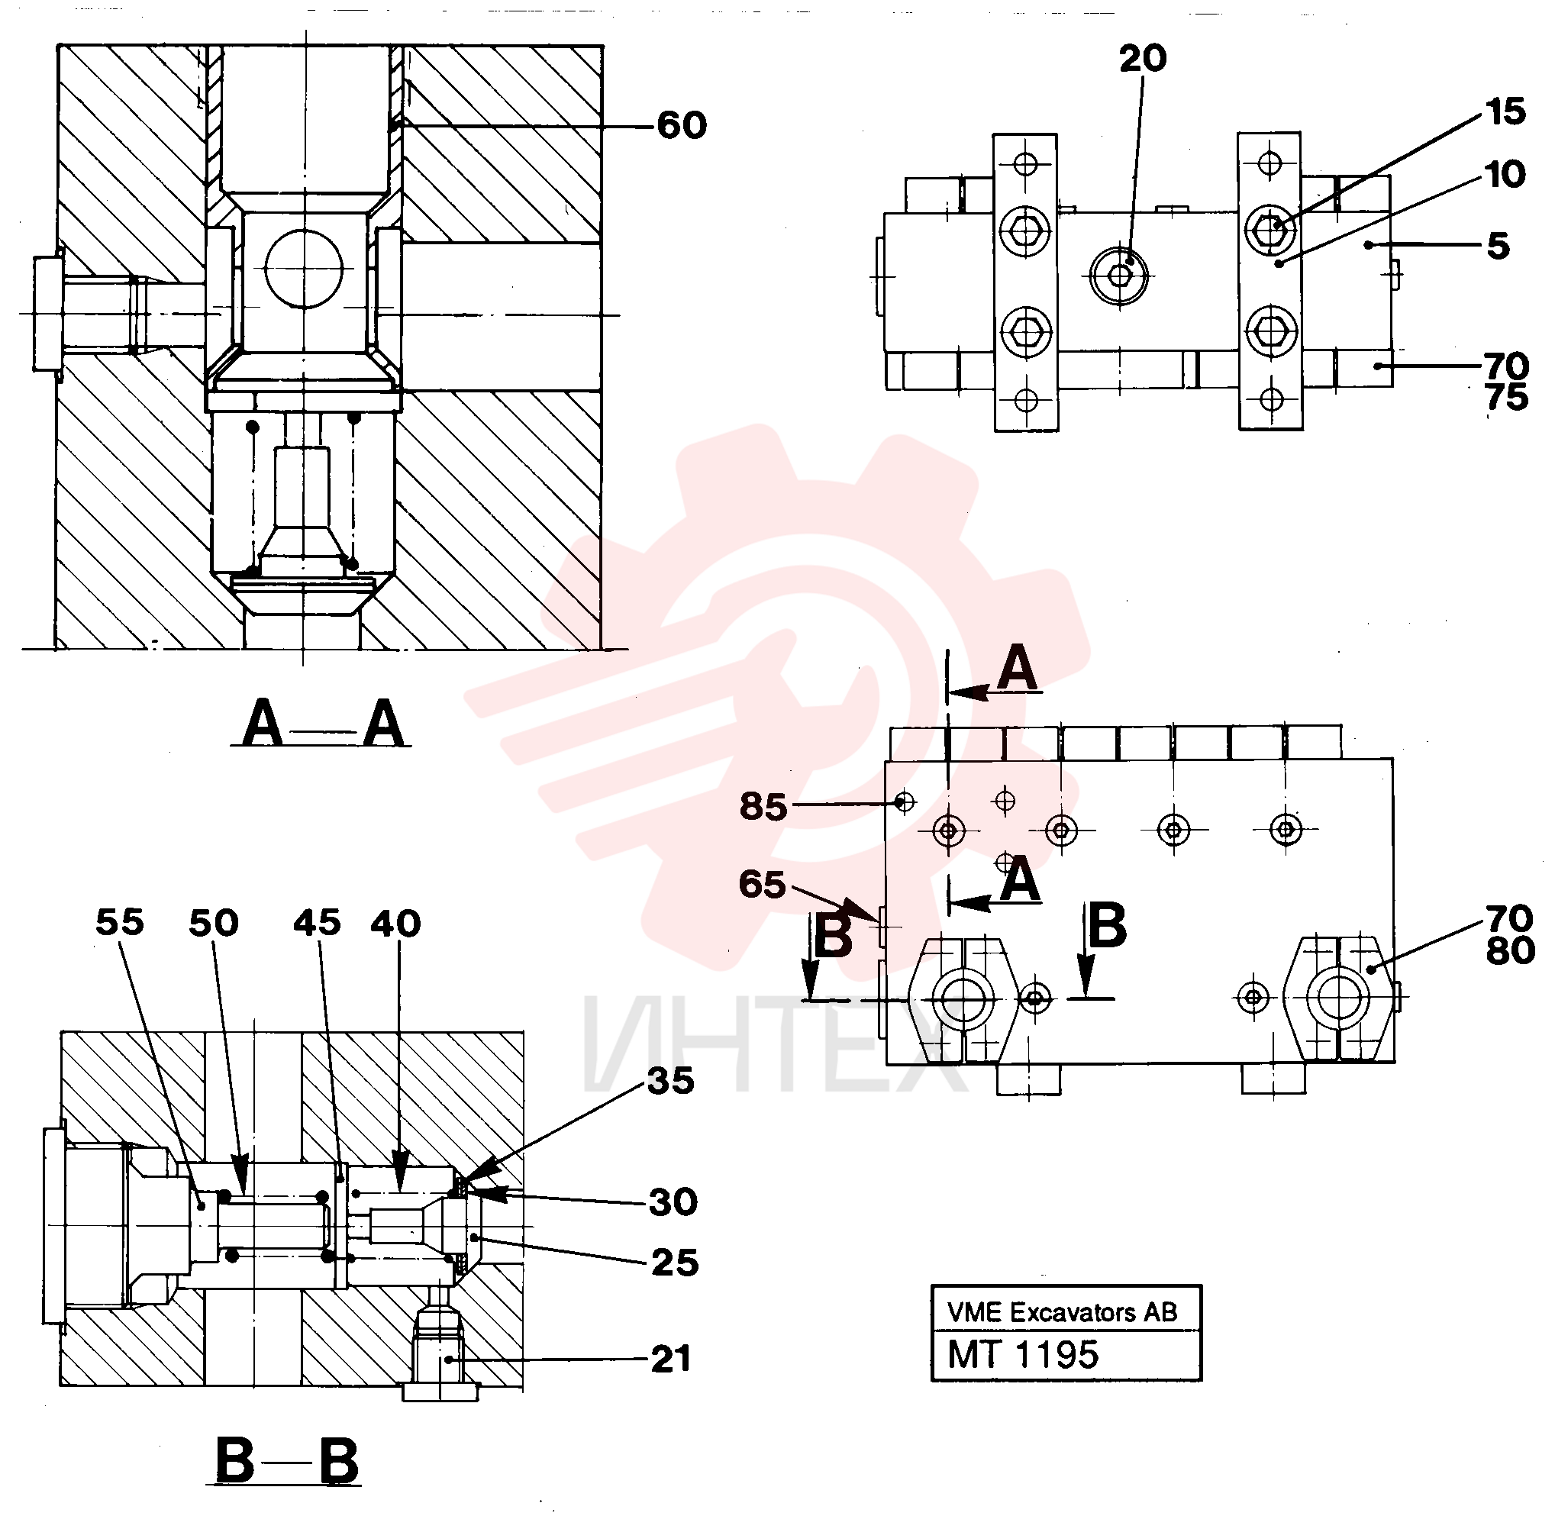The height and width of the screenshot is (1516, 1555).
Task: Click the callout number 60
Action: click(x=682, y=125)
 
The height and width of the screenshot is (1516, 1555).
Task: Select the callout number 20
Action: click(x=1143, y=58)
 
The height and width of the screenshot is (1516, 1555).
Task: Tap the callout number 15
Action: click(x=1505, y=111)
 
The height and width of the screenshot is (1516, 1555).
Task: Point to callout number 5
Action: click(x=1498, y=245)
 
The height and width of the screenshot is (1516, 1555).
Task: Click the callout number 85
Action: click(x=763, y=806)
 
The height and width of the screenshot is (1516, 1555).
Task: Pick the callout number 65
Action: click(x=762, y=884)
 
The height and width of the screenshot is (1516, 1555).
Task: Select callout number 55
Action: click(x=119, y=922)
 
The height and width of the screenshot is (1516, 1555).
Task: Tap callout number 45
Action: click(x=317, y=923)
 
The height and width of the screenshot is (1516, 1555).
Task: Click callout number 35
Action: click(x=670, y=1080)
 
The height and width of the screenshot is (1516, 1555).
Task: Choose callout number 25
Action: click(x=674, y=1263)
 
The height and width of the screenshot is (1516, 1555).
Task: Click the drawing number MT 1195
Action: click(x=1022, y=1355)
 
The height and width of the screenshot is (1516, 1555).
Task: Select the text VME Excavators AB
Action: click(x=1061, y=1312)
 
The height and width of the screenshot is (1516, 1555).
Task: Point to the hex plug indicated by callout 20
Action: click(x=1121, y=276)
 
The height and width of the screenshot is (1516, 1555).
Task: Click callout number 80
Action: click(x=1510, y=950)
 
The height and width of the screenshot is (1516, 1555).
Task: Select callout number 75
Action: click(x=1506, y=396)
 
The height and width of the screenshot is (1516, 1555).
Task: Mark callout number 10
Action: click(x=1505, y=174)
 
